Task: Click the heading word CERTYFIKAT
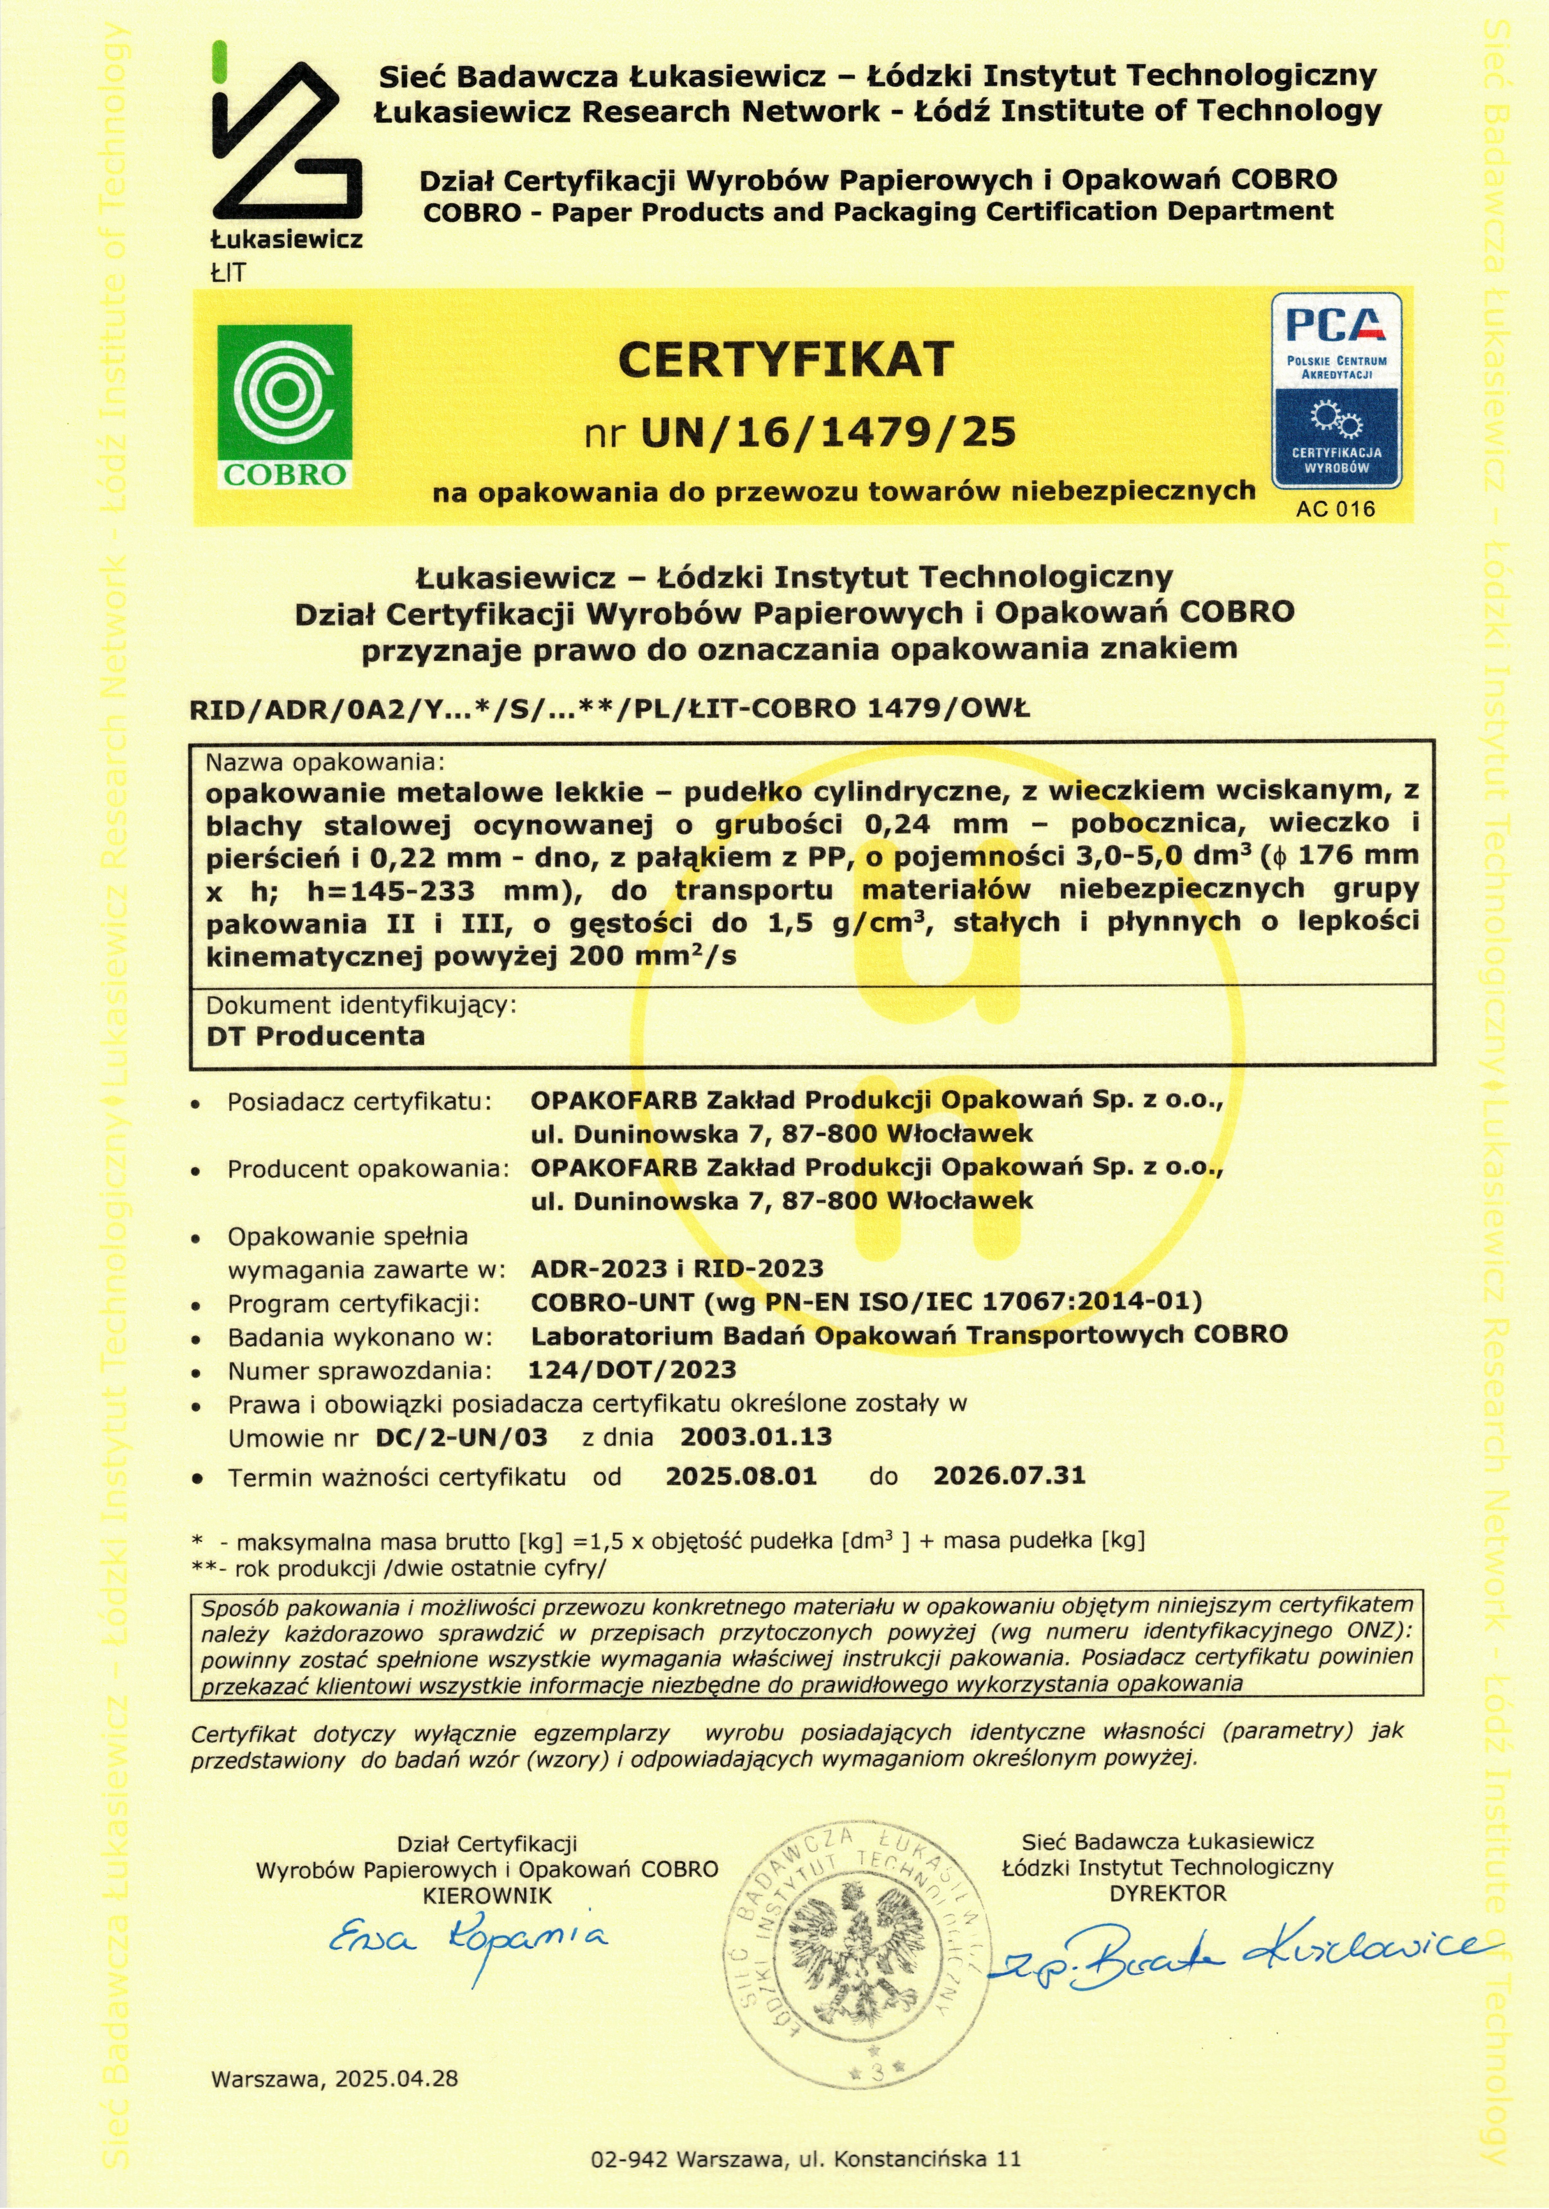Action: pos(785,360)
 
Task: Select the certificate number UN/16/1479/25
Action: pos(827,433)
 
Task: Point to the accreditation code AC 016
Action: pos(1336,509)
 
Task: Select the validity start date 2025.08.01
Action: pos(741,1476)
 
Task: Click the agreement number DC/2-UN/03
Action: pos(462,1437)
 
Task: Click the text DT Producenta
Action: pos(316,1036)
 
